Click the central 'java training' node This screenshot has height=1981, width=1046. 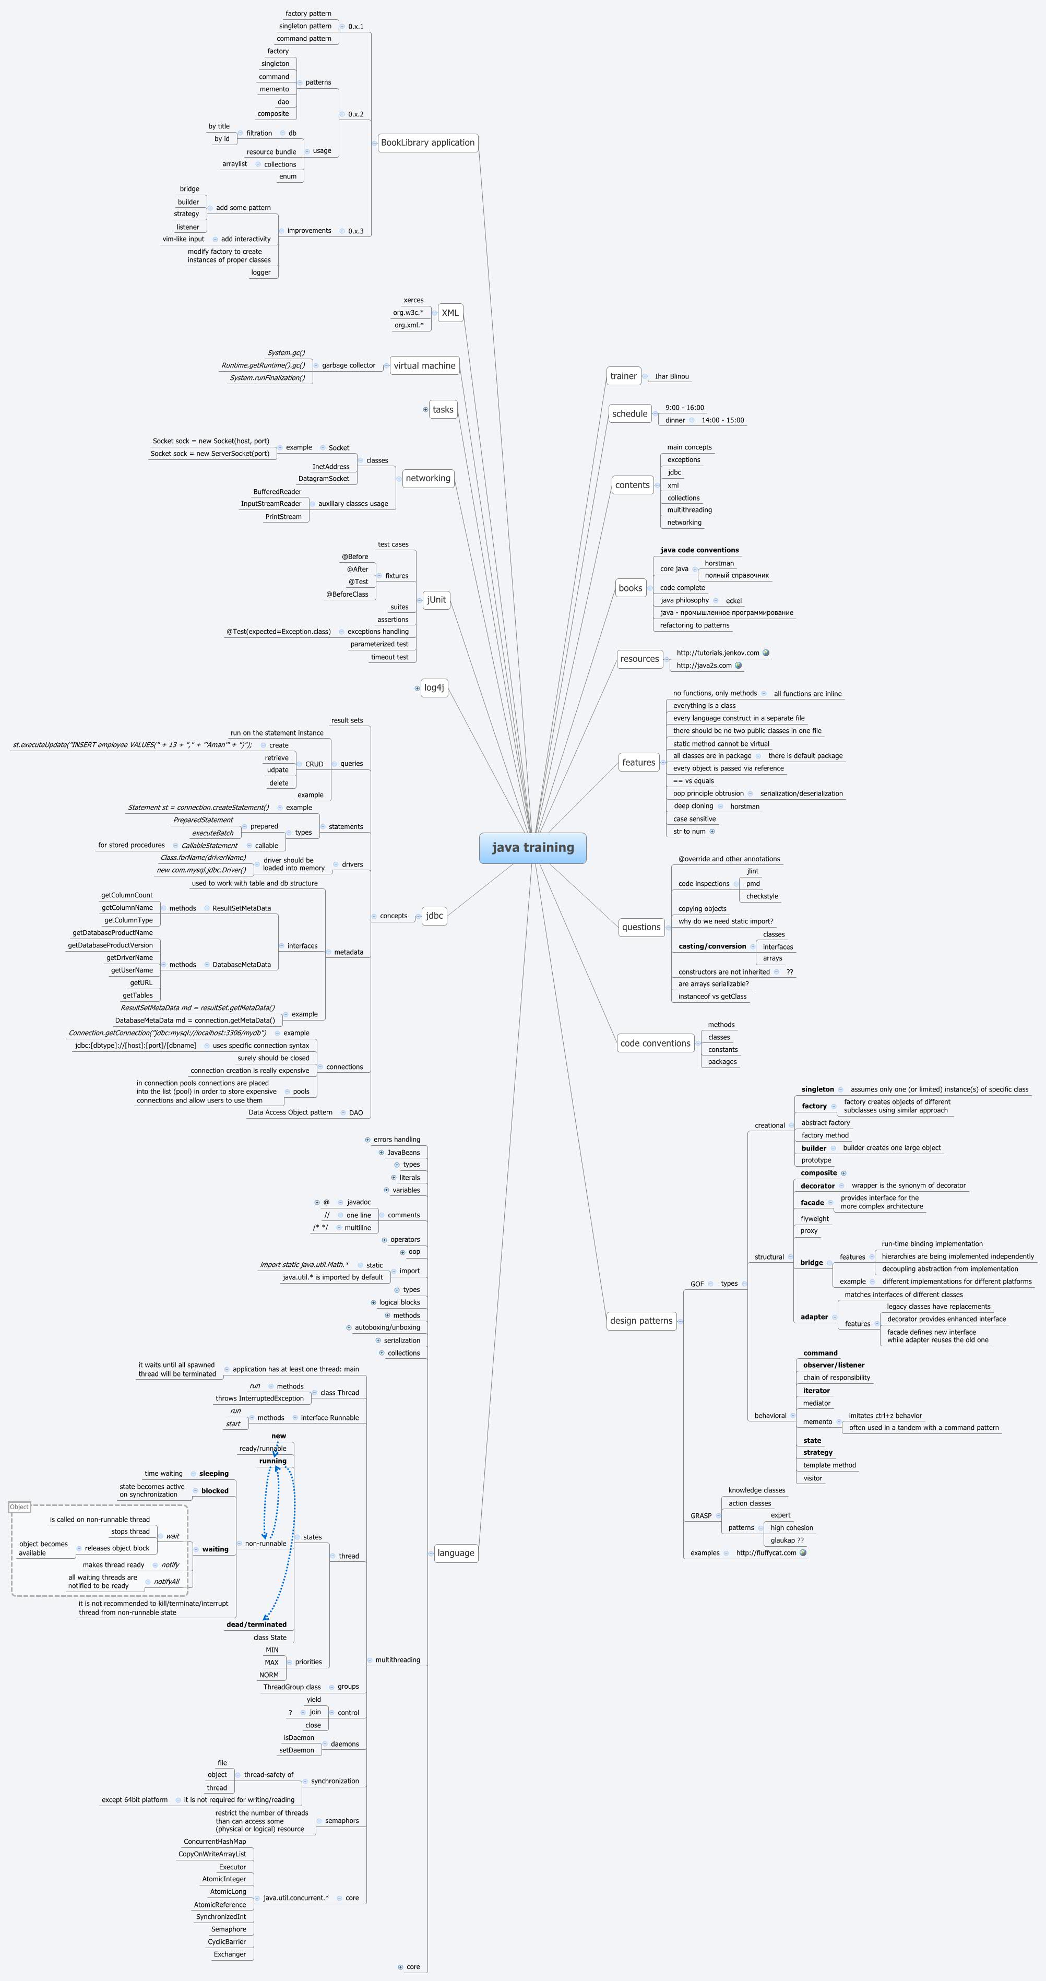[532, 847]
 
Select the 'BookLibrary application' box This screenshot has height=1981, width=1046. [427, 143]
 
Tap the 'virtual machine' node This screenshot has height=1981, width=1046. [424, 365]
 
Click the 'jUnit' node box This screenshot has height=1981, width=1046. [436, 599]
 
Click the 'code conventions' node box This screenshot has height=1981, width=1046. [655, 1043]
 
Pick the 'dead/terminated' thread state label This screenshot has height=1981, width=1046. [256, 1624]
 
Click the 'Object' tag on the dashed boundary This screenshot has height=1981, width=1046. [19, 1506]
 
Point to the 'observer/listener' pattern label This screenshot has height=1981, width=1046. [834, 1365]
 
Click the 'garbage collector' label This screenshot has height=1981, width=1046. [349, 365]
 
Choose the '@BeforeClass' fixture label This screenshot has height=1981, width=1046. [347, 594]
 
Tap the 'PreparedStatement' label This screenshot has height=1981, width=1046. [203, 820]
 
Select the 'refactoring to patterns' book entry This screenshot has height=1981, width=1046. [695, 625]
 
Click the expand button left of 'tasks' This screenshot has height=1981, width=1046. [425, 409]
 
